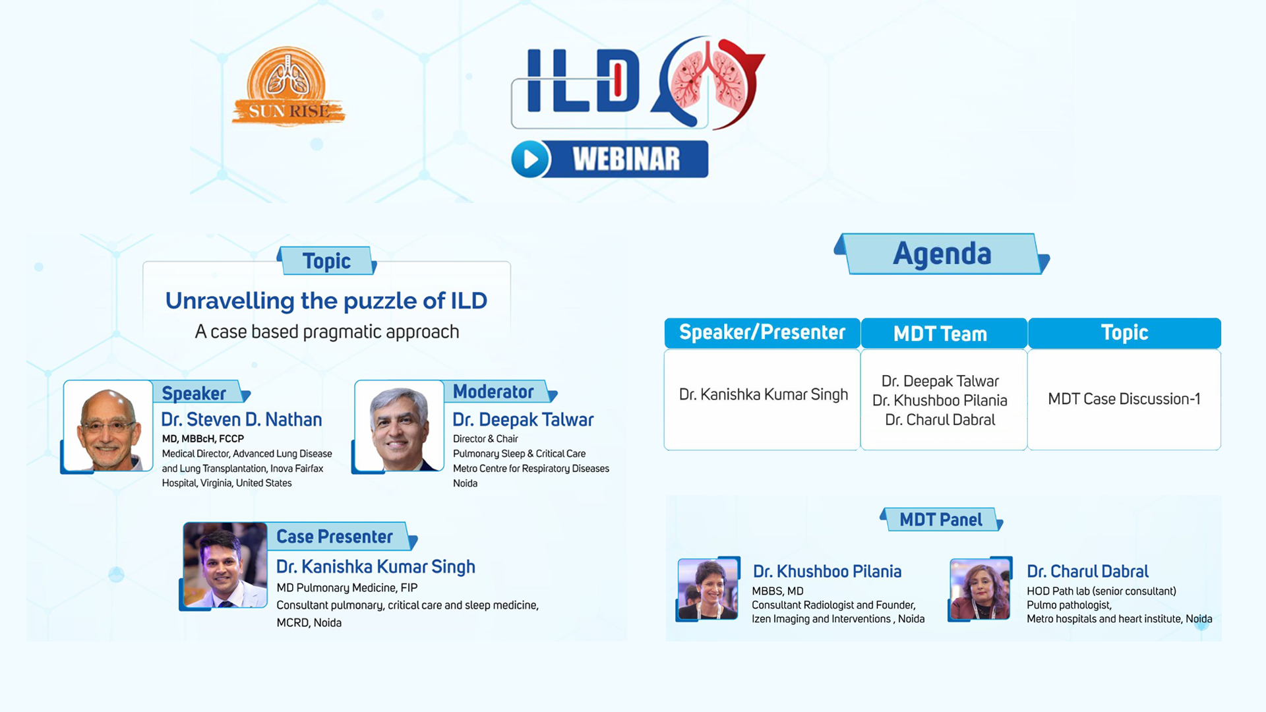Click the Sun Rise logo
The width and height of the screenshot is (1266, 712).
(288, 86)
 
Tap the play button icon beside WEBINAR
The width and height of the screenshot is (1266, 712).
(530, 159)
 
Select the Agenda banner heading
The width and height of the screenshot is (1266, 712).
(942, 254)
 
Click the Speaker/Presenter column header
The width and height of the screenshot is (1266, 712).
(762, 332)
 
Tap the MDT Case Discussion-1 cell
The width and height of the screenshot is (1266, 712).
(1124, 399)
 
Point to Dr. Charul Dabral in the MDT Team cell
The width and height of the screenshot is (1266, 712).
(940, 420)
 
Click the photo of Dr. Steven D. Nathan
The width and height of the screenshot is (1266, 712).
(108, 426)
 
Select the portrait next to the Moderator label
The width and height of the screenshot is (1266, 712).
(400, 426)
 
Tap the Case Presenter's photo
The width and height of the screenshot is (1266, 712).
(226, 565)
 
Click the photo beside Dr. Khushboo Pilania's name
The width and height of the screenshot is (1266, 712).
(708, 589)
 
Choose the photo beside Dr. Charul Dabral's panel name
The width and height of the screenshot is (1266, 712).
(980, 589)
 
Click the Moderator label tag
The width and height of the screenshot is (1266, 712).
(501, 392)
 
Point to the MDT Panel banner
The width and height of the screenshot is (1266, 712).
(941, 519)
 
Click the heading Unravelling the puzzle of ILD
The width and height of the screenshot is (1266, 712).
(326, 301)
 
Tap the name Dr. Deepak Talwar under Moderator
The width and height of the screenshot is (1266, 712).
(523, 419)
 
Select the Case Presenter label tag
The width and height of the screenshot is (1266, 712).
(342, 537)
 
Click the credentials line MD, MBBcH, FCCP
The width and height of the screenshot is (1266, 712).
(203, 438)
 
